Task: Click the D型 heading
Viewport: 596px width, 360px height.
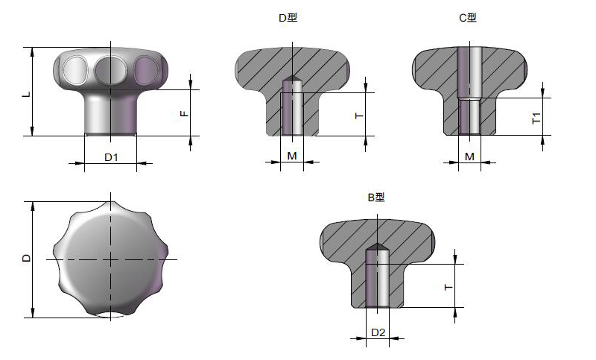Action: coord(288,18)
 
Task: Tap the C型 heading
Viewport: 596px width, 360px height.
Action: coord(468,18)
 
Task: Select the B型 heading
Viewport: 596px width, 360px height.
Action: coord(376,198)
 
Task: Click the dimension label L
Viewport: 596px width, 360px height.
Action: coord(26,94)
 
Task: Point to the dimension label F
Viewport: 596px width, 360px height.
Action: coord(183,113)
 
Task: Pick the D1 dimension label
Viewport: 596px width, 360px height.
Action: coord(111,157)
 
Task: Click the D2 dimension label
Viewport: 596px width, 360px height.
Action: coord(378,332)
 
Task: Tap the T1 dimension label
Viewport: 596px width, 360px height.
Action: coord(536,118)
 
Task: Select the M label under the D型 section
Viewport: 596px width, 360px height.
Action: coord(292,156)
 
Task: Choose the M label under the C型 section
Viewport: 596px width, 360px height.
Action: coord(470,157)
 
